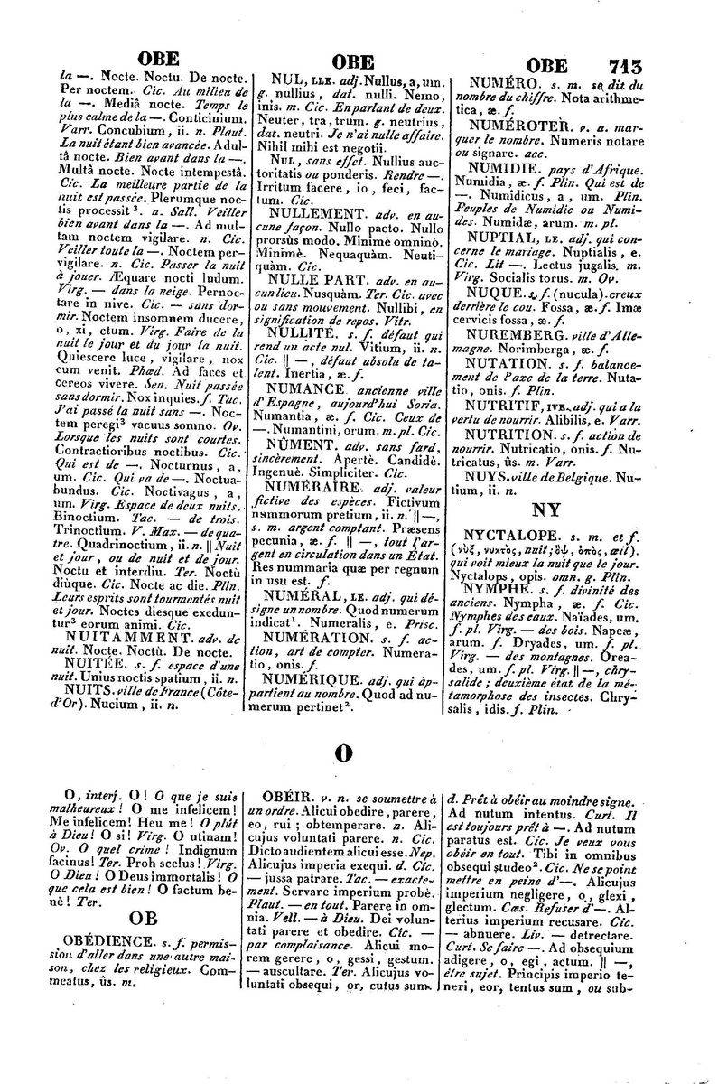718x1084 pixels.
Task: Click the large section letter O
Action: click(x=342, y=752)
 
